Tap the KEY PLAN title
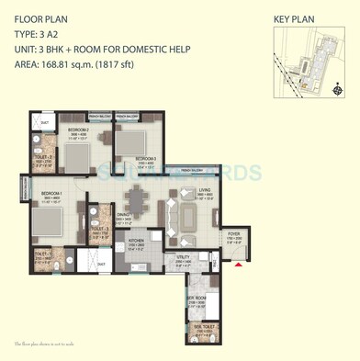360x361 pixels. [294, 17]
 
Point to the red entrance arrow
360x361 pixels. [239, 265]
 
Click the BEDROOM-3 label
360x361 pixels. [146, 159]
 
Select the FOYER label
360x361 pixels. [232, 234]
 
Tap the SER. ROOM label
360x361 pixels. [197, 298]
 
